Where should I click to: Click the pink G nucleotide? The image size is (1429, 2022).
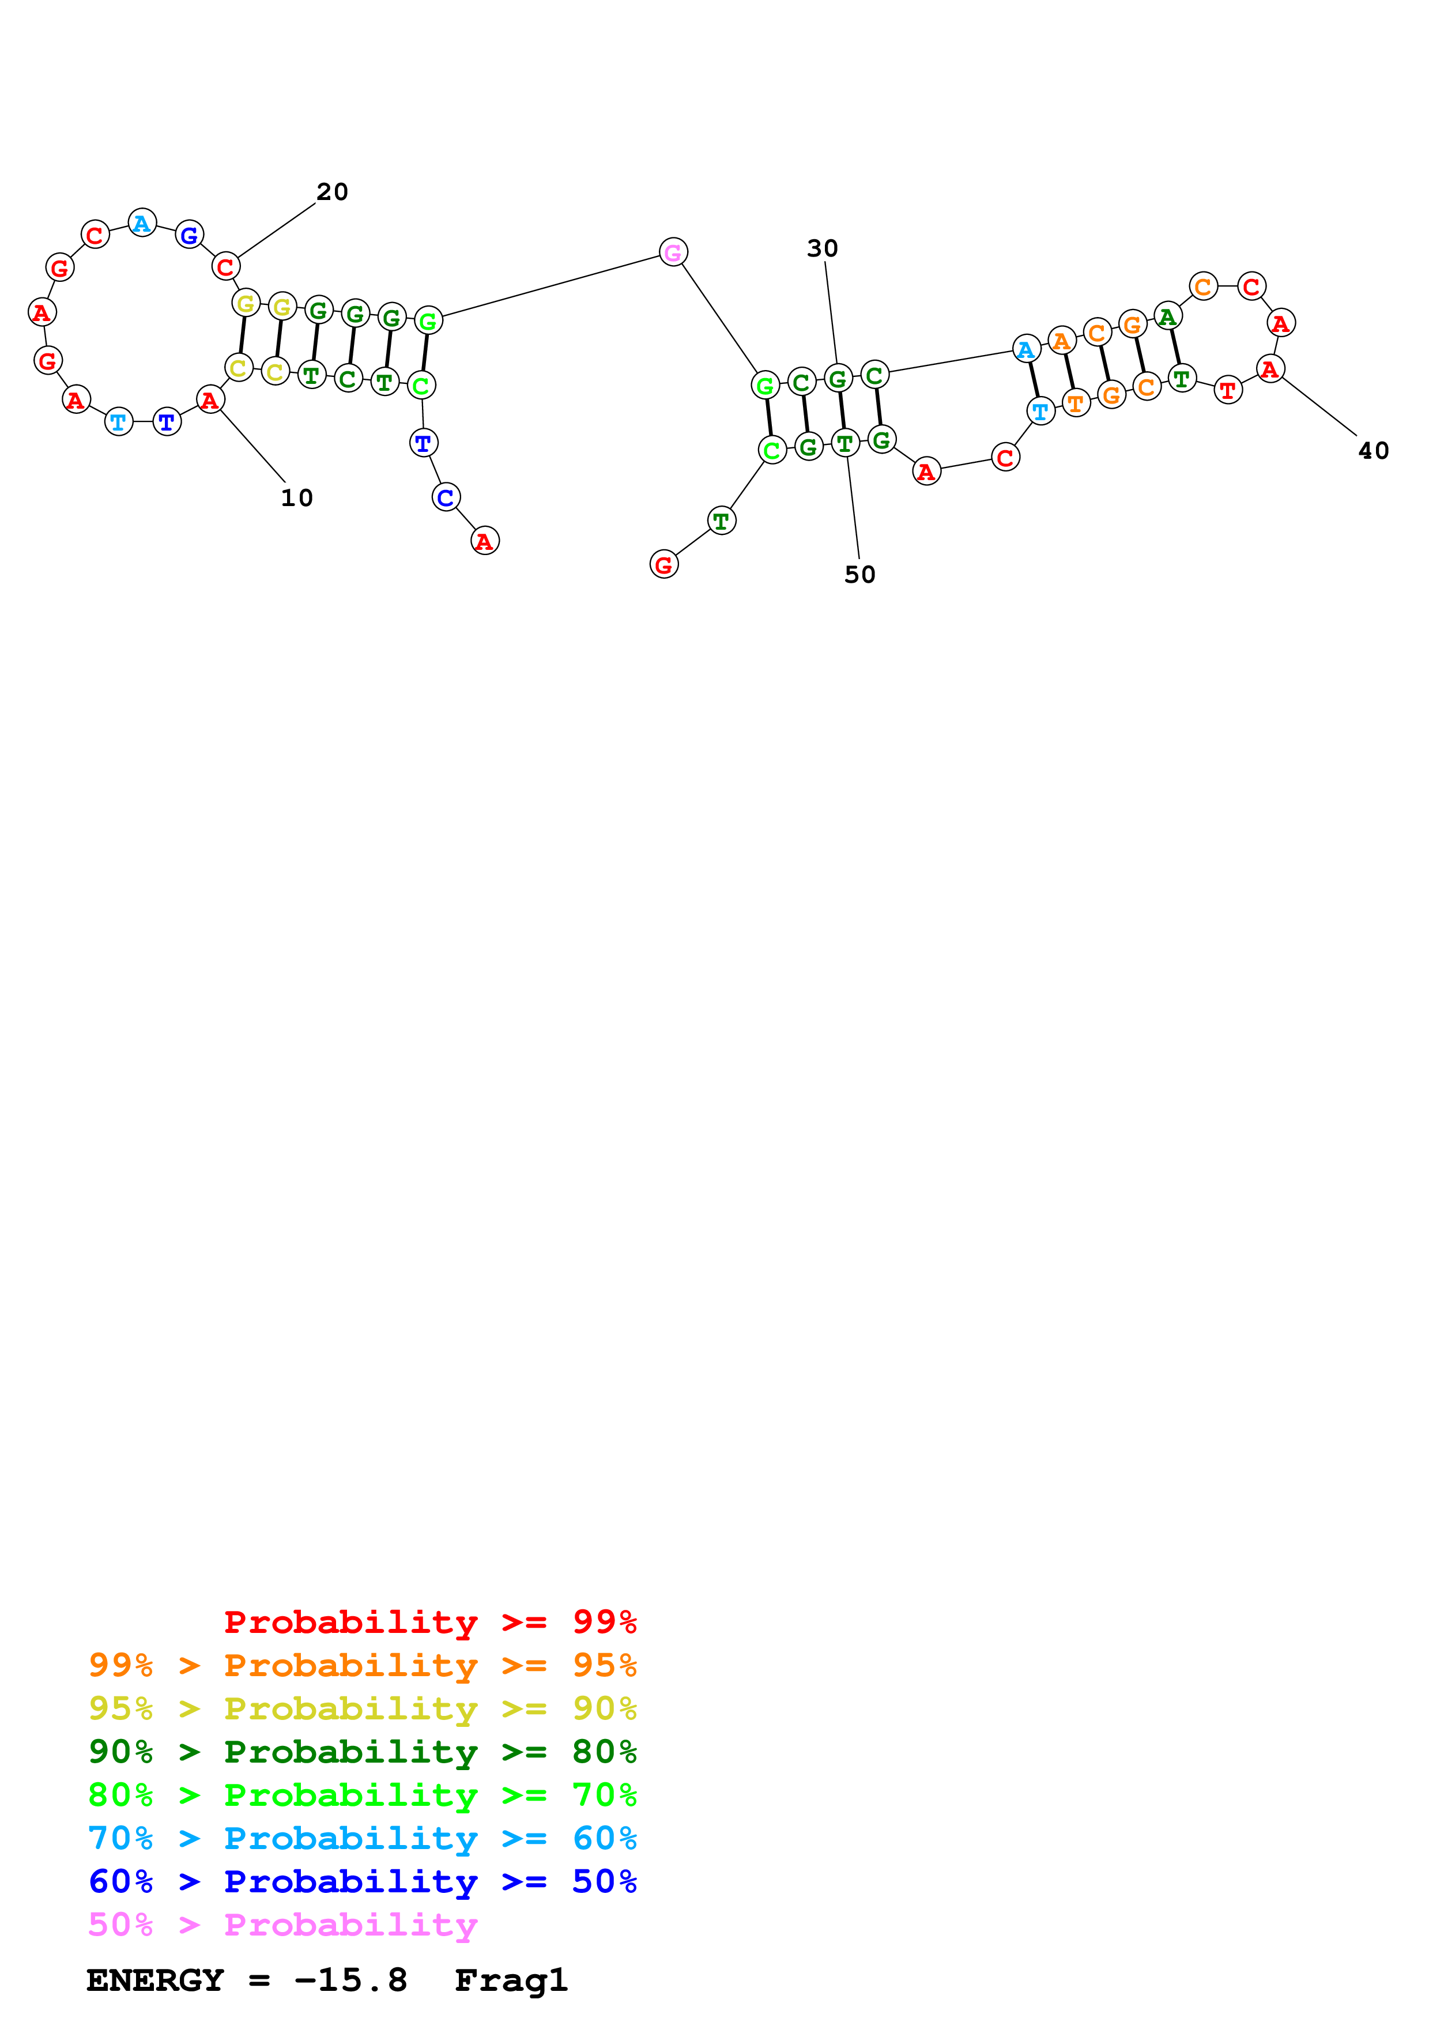pyautogui.click(x=673, y=252)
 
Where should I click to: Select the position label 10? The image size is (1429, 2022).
pyautogui.click(x=297, y=499)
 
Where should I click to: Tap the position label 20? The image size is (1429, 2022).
pyautogui.click(x=332, y=192)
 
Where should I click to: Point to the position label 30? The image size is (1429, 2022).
pyautogui.click(x=823, y=249)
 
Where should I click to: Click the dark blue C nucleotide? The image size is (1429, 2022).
pyautogui.click(x=446, y=497)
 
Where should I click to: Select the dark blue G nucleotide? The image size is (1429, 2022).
pyautogui.click(x=189, y=235)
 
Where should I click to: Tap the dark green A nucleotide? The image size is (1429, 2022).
pyautogui.click(x=1167, y=316)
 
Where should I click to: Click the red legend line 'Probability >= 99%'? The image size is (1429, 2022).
pyautogui.click(x=429, y=1621)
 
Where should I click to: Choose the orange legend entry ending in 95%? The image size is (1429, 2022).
pyautogui.click(x=362, y=1665)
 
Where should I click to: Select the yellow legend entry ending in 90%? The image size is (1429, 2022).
pyautogui.click(x=362, y=1708)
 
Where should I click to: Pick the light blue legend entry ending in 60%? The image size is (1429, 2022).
pyautogui.click(x=362, y=1838)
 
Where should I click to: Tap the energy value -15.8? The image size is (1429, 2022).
pyautogui.click(x=350, y=1980)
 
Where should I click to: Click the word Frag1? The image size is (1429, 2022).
pyautogui.click(x=511, y=1980)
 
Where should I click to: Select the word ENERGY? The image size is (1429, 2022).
pyautogui.click(x=154, y=1980)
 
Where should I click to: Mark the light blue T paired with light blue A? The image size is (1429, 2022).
pyautogui.click(x=1040, y=412)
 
